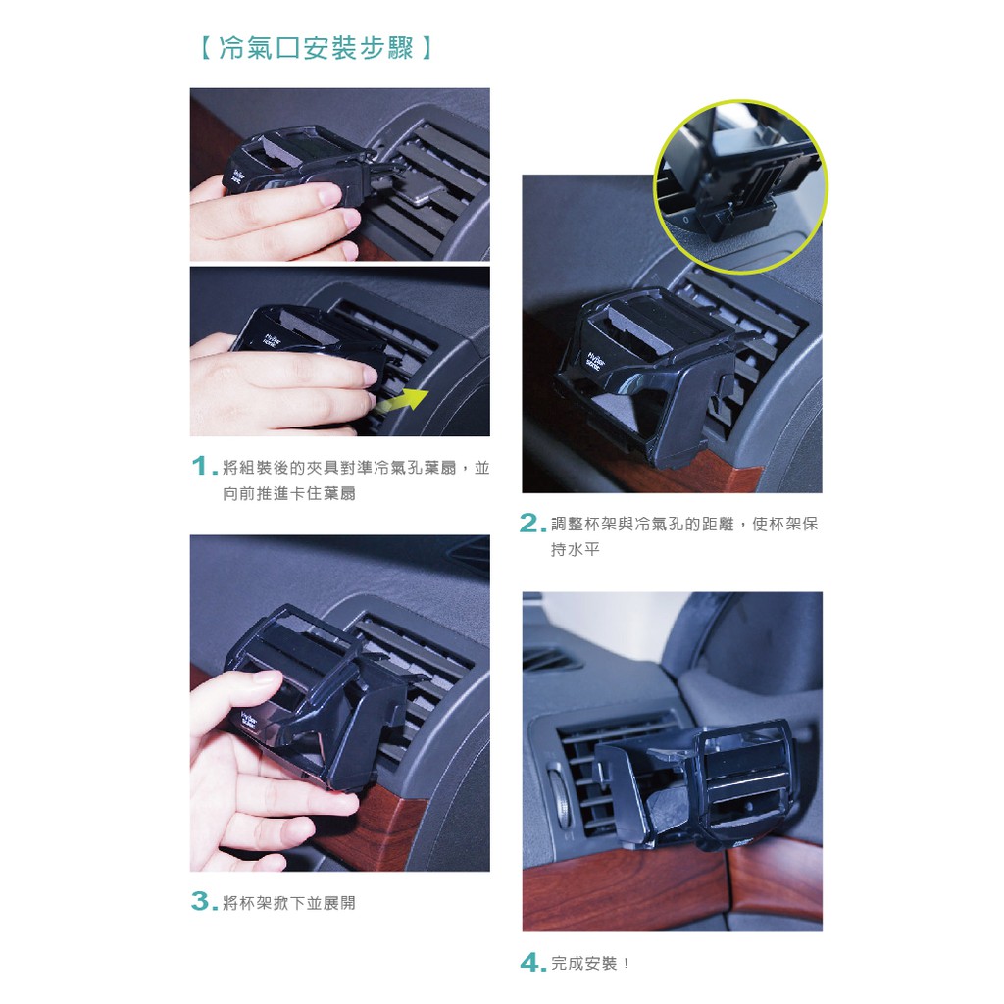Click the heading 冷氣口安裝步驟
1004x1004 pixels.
(317, 48)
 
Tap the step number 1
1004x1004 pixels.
(202, 466)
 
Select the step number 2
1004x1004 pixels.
(532, 524)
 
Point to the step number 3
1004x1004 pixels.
(204, 901)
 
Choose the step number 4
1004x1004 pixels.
(532, 962)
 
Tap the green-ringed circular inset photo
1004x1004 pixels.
(740, 186)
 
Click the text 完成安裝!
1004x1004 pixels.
(589, 963)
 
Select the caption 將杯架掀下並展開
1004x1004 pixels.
(289, 903)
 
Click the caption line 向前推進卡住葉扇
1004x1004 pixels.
(289, 494)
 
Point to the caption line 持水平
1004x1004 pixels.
(575, 549)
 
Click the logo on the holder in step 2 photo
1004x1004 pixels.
(593, 360)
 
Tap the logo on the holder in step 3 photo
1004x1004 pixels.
(248, 721)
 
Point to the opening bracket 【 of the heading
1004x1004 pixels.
(205, 48)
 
